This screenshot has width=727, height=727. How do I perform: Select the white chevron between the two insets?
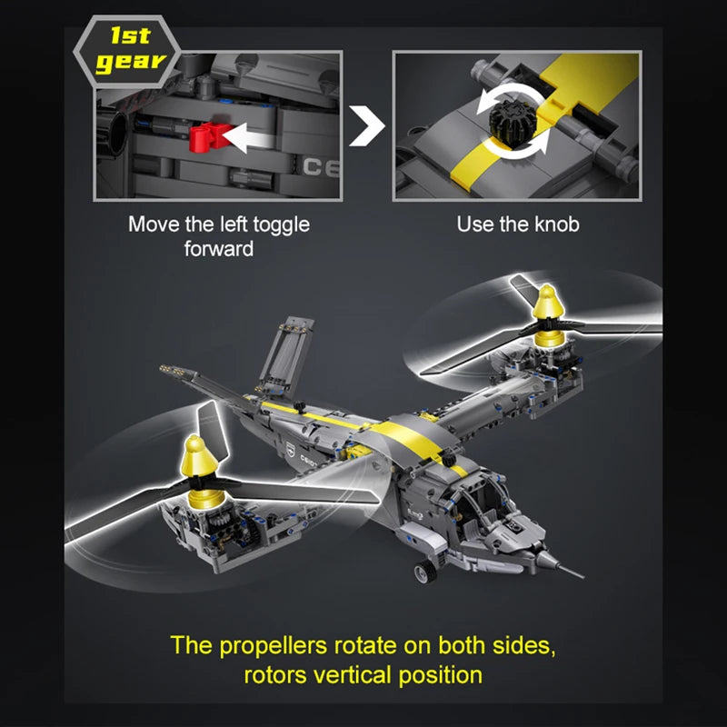tap(368, 125)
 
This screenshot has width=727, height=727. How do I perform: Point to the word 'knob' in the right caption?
tap(556, 224)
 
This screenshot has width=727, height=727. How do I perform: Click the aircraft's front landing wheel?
tap(424, 573)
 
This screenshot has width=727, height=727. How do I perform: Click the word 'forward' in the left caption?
tap(218, 248)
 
